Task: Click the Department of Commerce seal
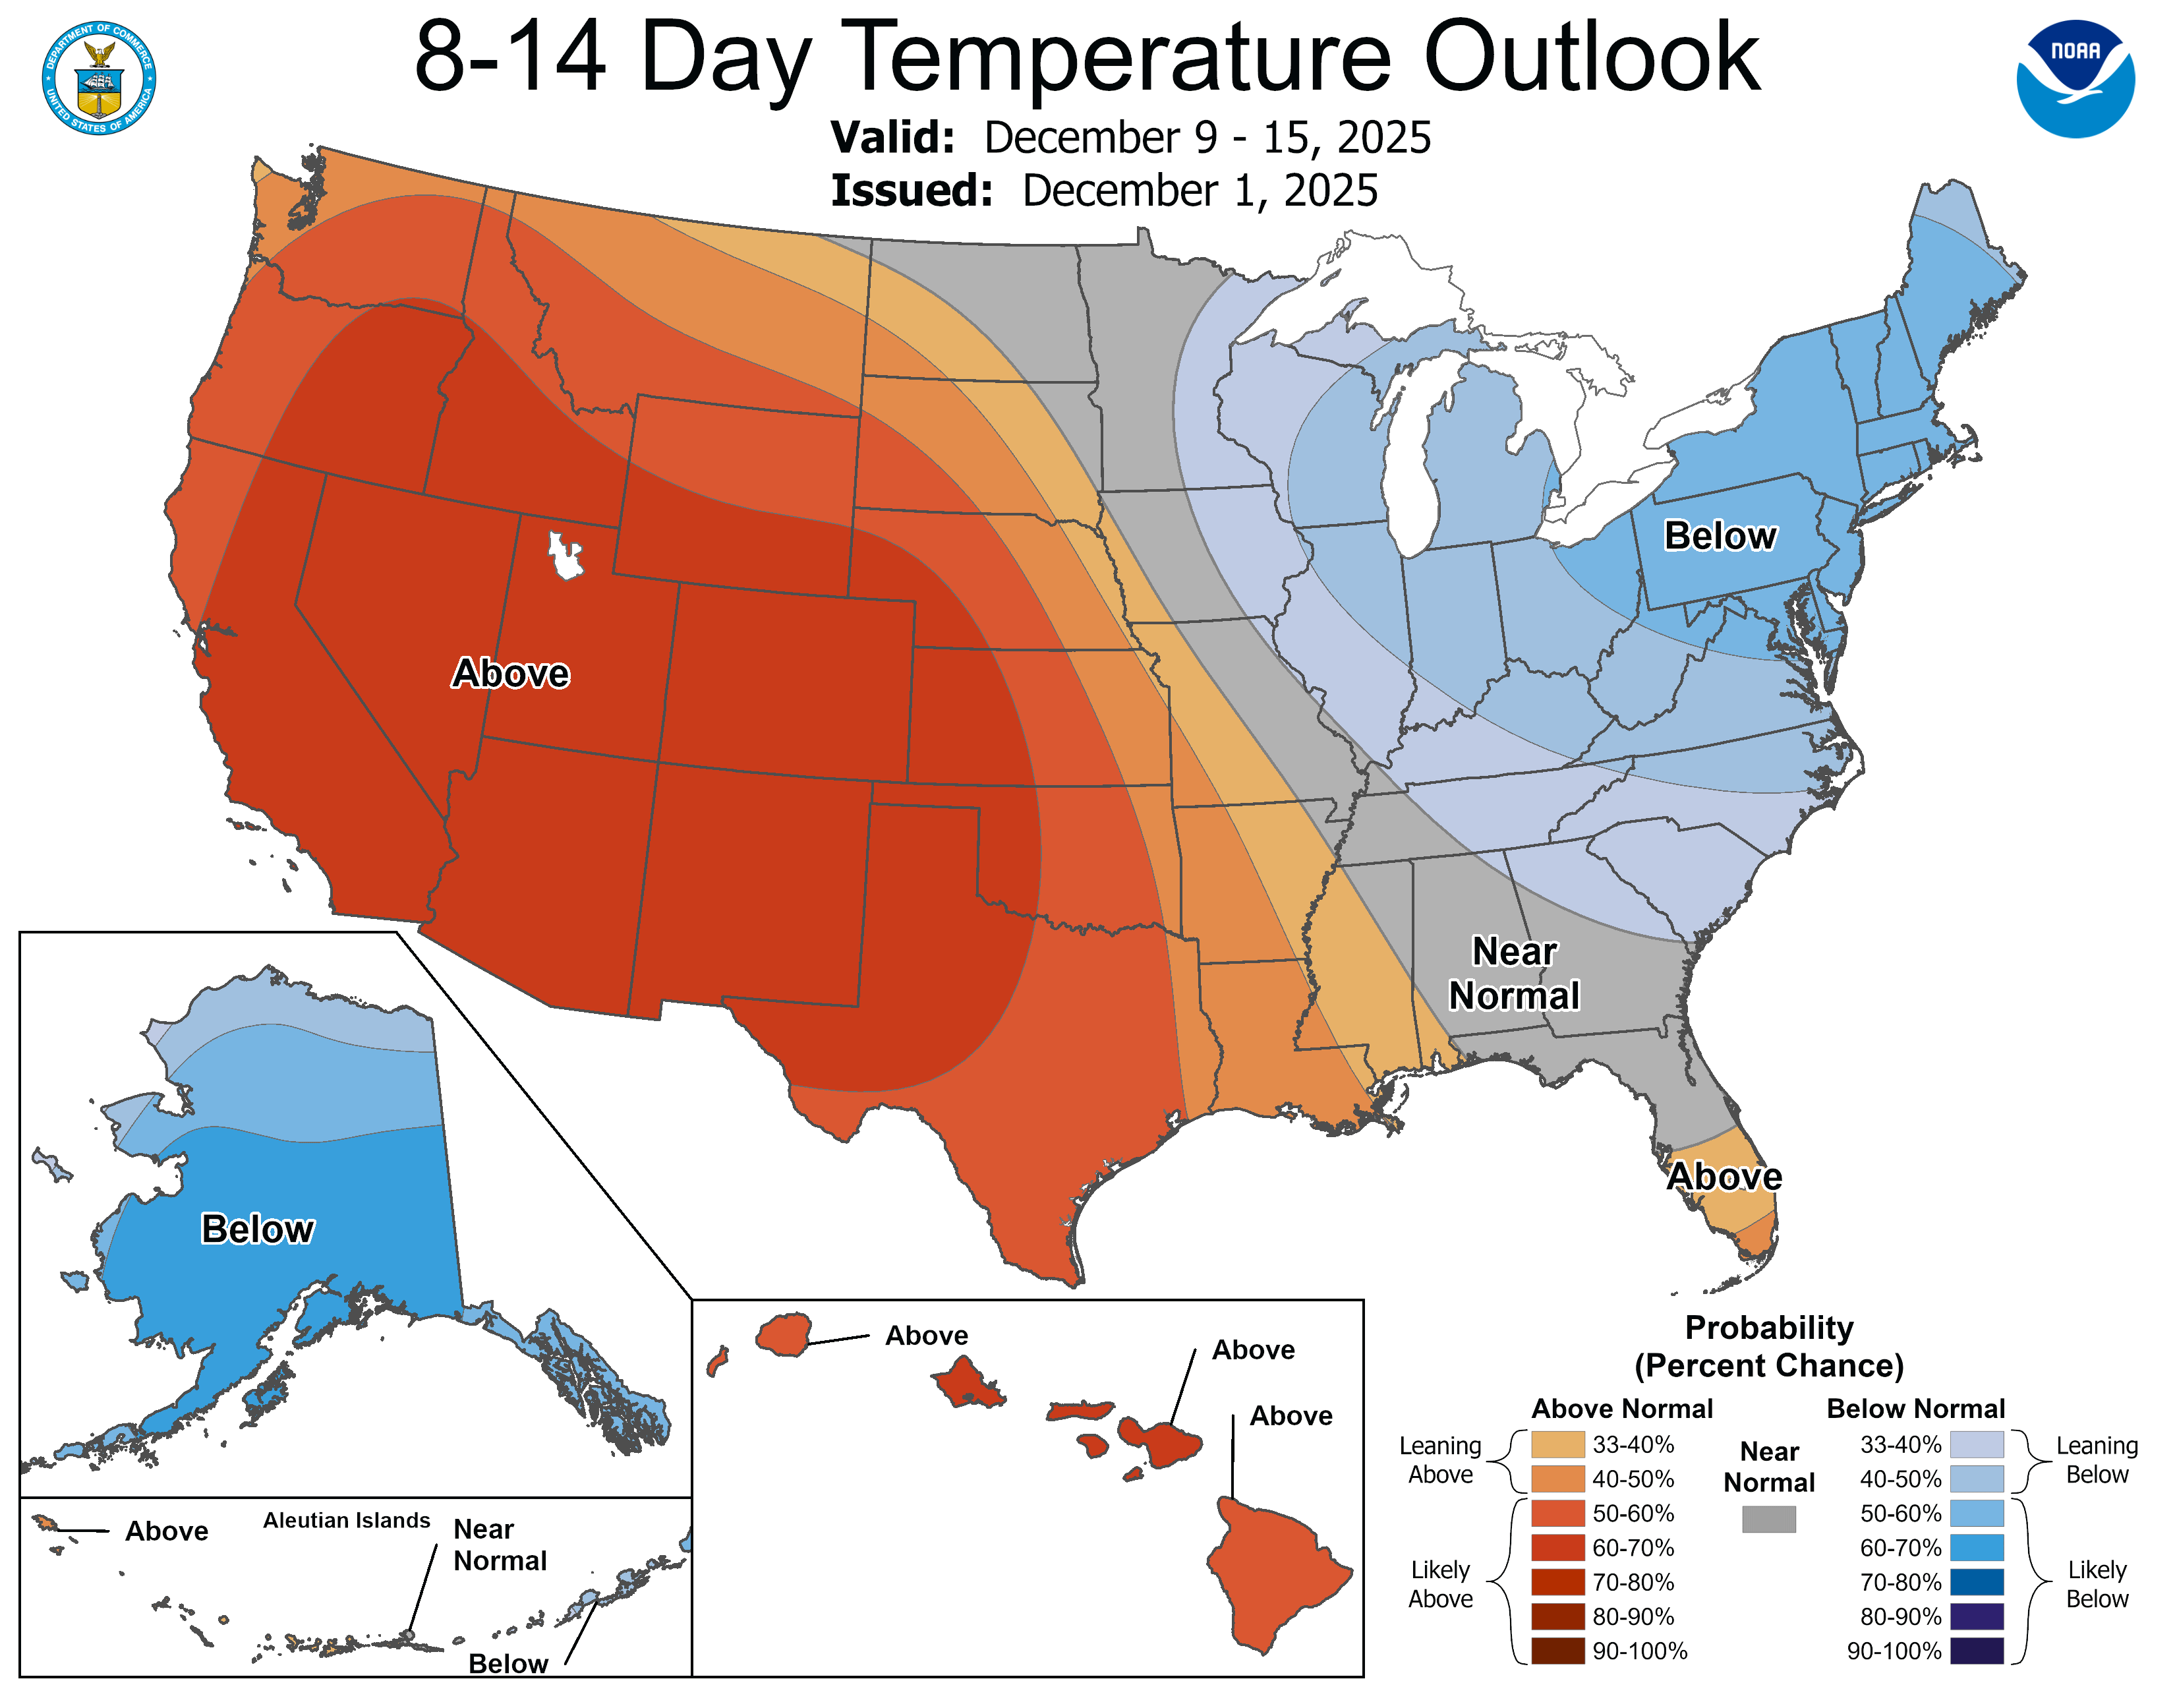tap(99, 78)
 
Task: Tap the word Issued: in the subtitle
tap(912, 191)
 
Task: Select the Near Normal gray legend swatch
tap(1769, 1519)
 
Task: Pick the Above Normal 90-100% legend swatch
tap(1557, 1651)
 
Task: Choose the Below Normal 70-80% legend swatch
tap(1976, 1582)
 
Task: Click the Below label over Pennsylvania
tap(1720, 536)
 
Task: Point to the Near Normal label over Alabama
tap(1514, 973)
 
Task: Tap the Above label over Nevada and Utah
tap(510, 673)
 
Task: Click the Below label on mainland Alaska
tap(257, 1229)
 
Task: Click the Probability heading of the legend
tap(1769, 1328)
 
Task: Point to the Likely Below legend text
tap(2097, 1583)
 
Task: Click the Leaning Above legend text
tap(1440, 1460)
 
